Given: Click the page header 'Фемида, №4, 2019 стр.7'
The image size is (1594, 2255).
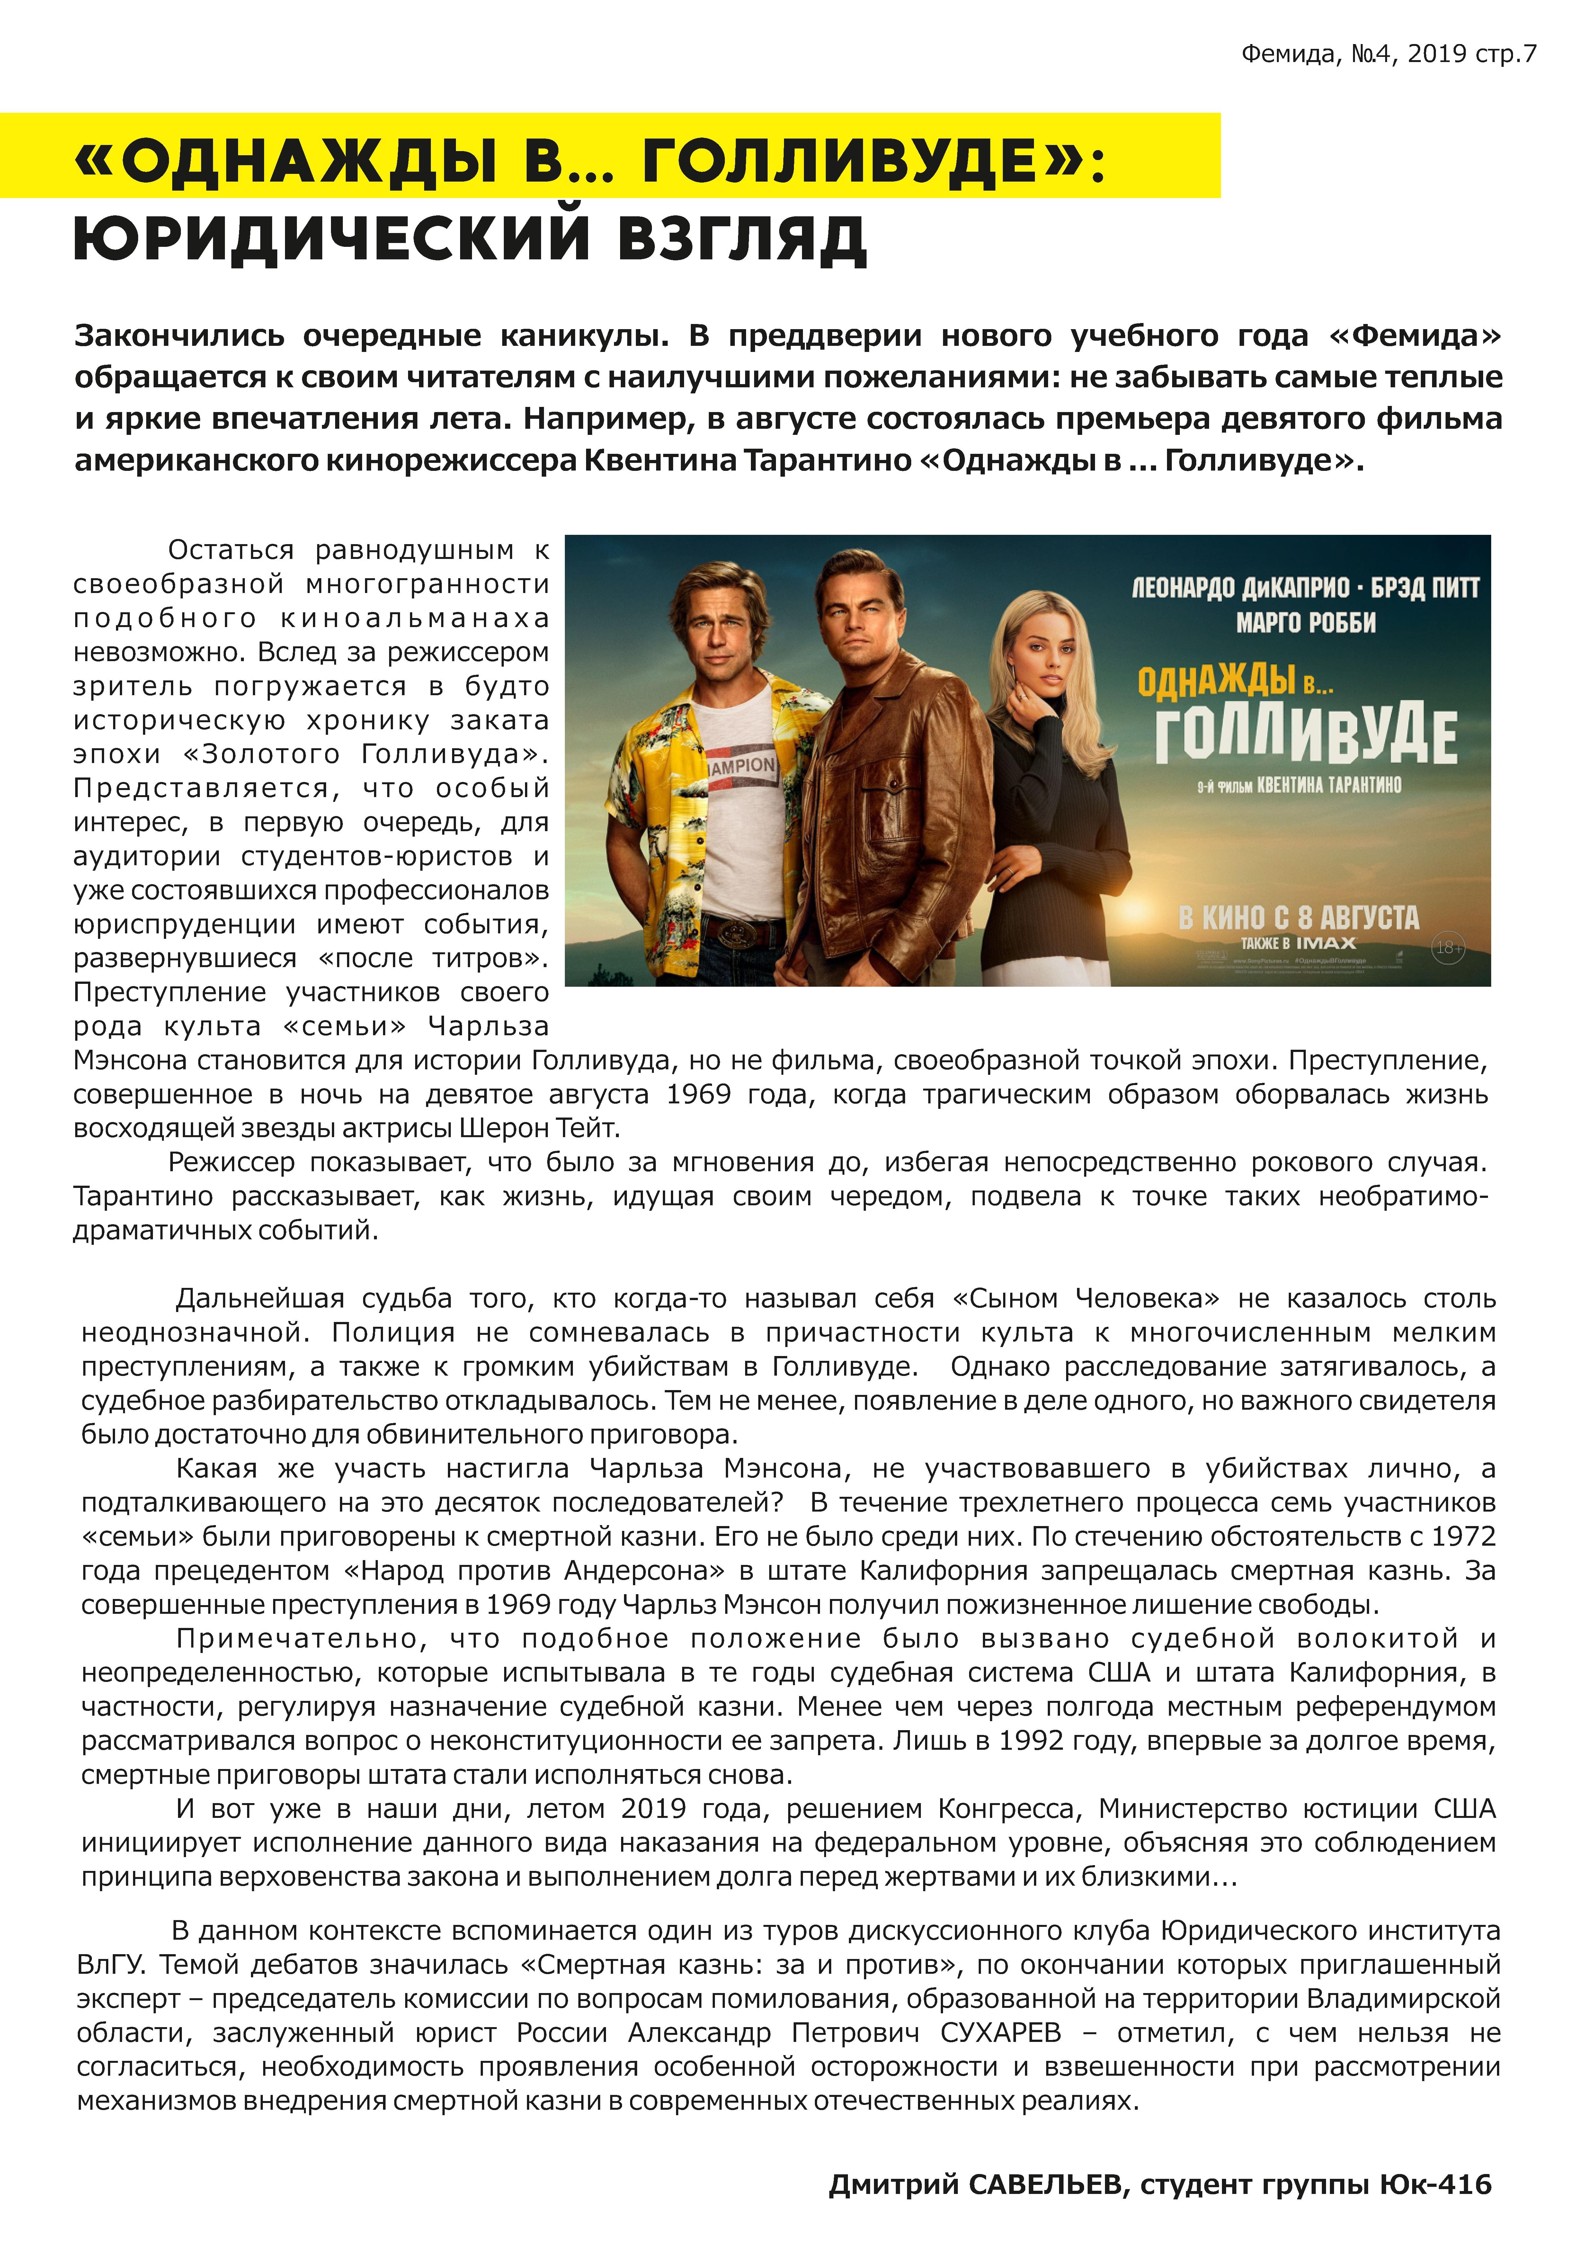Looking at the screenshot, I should pos(1388,54).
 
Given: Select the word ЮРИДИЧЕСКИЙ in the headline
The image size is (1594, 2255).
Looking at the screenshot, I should pos(332,239).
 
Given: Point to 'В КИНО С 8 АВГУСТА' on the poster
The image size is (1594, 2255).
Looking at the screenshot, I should pos(1298,917).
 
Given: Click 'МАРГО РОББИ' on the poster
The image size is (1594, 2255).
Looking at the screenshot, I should pos(1305,623).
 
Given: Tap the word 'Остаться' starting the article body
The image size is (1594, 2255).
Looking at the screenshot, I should pos(231,549).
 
